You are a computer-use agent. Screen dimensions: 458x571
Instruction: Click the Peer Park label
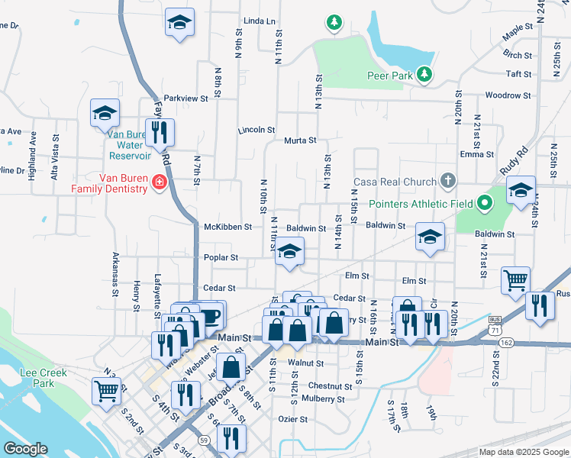[x=389, y=75]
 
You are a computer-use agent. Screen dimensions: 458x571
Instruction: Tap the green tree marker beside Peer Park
[x=424, y=75]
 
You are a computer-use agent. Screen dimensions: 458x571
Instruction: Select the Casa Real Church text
[x=395, y=182]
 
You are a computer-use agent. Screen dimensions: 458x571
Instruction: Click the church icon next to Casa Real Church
[x=448, y=182]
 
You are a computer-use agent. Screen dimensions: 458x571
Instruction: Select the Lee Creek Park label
[x=37, y=378]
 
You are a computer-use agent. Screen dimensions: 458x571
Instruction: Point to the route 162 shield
[x=505, y=345]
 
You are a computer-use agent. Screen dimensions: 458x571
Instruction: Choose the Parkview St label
[x=185, y=98]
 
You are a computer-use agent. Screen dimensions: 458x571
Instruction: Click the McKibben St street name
[x=227, y=227]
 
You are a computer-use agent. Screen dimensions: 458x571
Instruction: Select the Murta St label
[x=300, y=140]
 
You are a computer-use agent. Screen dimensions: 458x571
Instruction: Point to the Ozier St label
[x=292, y=419]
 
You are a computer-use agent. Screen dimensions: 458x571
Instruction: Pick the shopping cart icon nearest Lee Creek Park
[x=106, y=391]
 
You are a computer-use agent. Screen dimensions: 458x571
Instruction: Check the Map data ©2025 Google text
[x=523, y=452]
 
